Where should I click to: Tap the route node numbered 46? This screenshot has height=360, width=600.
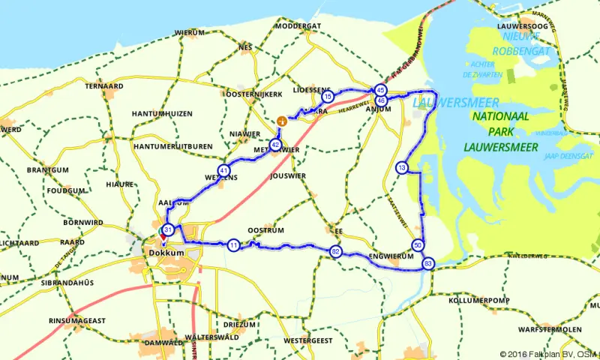tap(381, 100)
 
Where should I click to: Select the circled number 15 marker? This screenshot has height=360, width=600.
tap(327, 97)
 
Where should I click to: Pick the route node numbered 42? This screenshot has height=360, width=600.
tap(276, 145)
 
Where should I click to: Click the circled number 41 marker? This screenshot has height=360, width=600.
tap(223, 170)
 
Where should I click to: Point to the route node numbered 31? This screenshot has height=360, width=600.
tap(169, 230)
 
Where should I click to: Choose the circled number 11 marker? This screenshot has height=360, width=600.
tap(234, 245)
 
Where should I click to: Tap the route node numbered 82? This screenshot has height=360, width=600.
tap(335, 252)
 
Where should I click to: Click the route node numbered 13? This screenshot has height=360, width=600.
tap(403, 168)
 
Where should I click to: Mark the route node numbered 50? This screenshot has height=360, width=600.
tap(418, 245)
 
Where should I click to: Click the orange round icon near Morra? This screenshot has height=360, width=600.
tap(280, 120)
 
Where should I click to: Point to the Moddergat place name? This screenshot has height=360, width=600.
tap(298, 25)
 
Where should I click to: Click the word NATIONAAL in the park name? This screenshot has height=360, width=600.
tap(499, 117)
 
